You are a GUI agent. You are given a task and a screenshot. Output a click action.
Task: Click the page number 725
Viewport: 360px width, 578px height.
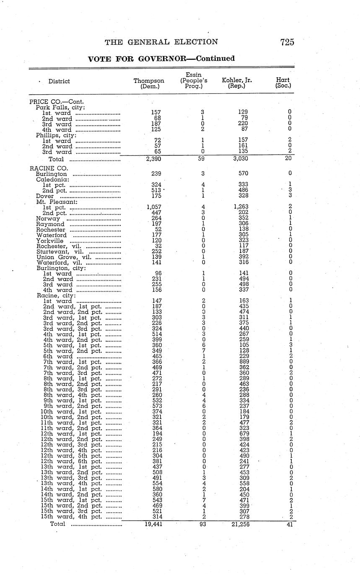tap(287, 42)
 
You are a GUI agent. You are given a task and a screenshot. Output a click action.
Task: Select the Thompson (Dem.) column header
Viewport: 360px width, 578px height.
tap(149, 84)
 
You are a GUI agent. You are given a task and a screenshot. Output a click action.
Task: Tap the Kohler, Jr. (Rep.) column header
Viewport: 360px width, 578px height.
tap(237, 83)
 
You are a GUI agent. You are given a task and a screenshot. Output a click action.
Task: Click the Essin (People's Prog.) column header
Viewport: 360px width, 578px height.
tap(194, 80)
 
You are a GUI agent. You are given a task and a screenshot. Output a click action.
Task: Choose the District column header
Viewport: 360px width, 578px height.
tap(59, 81)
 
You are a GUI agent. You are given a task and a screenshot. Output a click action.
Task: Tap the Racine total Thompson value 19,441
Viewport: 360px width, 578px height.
tap(152, 524)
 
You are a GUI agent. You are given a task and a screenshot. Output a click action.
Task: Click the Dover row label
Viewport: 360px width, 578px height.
tap(45, 196)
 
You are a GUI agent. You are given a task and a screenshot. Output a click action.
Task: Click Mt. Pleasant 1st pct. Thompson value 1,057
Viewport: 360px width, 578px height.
tap(154, 206)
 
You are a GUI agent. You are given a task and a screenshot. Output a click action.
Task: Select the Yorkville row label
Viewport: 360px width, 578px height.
tap(50, 241)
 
